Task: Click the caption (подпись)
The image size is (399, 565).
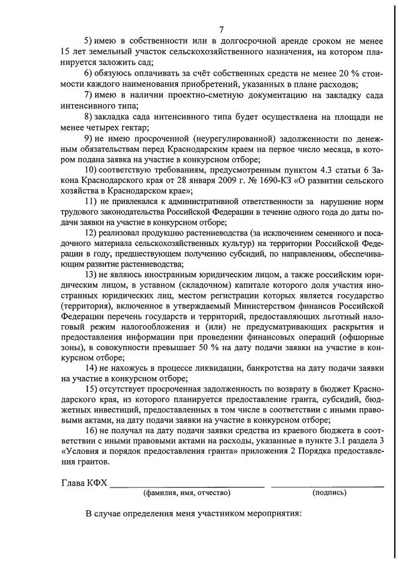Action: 328,493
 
